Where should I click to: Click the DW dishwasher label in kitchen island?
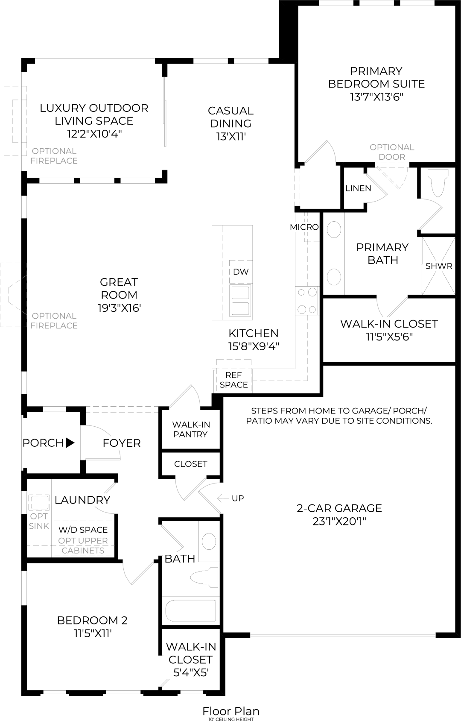tap(241, 272)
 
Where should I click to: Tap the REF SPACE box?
tap(233, 380)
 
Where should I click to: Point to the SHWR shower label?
tap(438, 266)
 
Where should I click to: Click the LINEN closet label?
tap(358, 188)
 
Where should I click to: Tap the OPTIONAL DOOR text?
tap(392, 152)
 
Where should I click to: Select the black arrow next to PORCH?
tap(70, 443)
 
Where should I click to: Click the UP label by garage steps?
tap(238, 498)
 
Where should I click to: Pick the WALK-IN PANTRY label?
tap(191, 429)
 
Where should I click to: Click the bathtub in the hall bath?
tap(191, 611)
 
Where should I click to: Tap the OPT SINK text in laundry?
tap(39, 521)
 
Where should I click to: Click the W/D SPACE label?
tap(83, 530)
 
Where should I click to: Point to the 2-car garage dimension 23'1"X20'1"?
tap(339, 521)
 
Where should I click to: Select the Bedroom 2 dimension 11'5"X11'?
tap(93, 633)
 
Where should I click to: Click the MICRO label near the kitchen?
tap(304, 227)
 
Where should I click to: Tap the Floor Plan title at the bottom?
tap(230, 711)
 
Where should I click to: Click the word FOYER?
tap(122, 443)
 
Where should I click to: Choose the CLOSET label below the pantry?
tap(190, 464)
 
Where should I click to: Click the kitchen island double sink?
tap(240, 300)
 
